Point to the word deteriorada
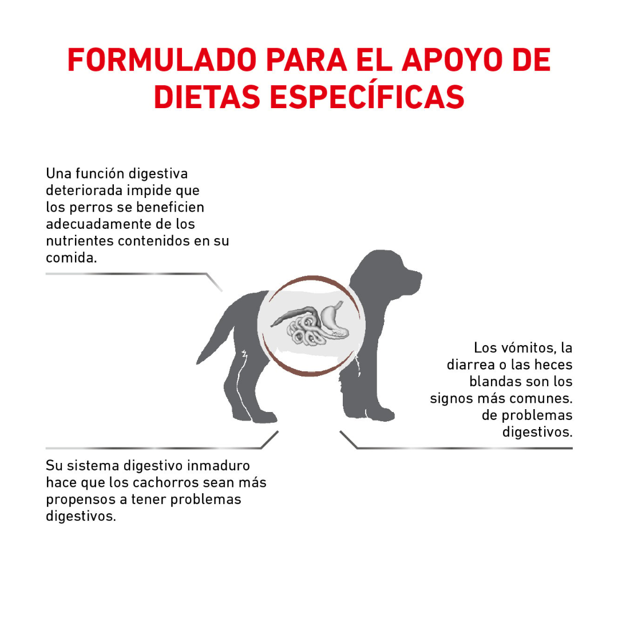pyautogui.click(x=84, y=190)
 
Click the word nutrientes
pyautogui.click(x=80, y=240)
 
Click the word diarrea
pyautogui.click(x=469, y=365)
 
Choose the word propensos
pyautogui.click(x=80, y=499)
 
